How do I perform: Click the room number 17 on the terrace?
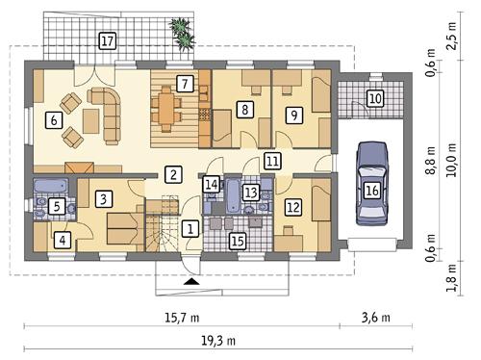click(x=108, y=40)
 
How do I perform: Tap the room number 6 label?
click(x=54, y=120)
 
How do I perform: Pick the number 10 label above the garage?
click(x=375, y=97)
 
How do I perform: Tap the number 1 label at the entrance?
click(x=190, y=228)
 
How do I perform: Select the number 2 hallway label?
click(x=172, y=174)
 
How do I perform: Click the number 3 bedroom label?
click(x=105, y=199)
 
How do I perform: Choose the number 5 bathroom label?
click(x=57, y=205)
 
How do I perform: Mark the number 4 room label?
click(x=63, y=241)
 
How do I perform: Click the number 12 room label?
click(x=293, y=206)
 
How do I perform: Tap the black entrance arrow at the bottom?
click(x=193, y=281)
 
